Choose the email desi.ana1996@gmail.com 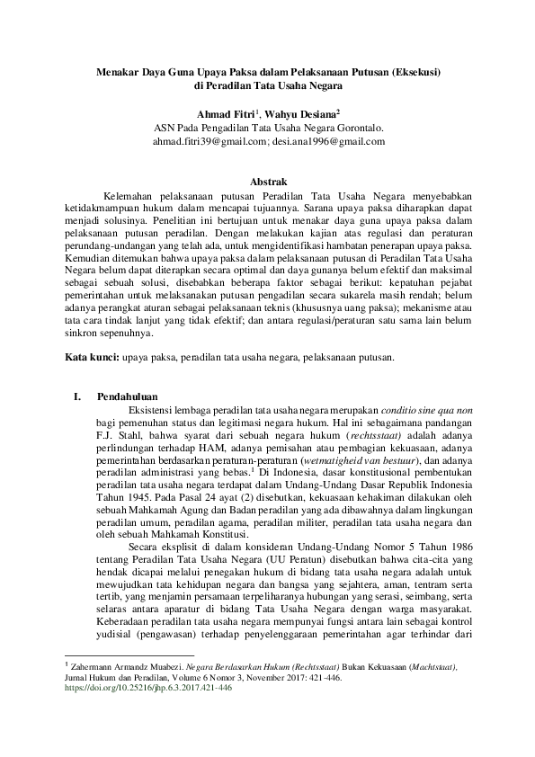coord(330,142)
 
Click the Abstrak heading coord(267,181)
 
